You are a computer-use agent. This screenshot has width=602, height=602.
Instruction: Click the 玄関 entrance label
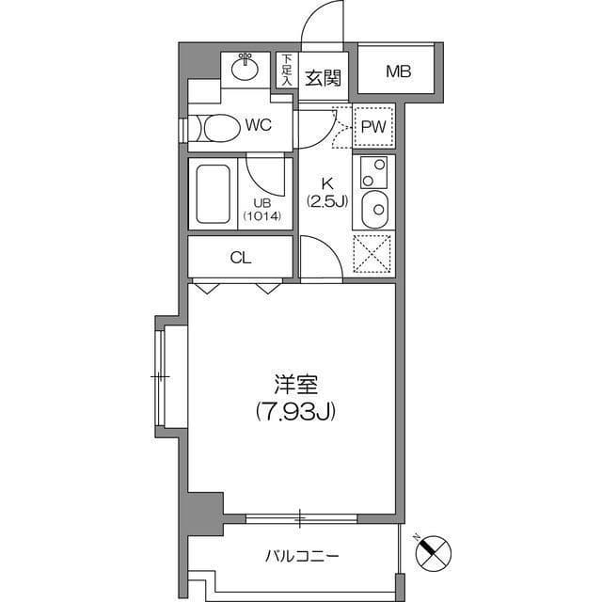pyautogui.click(x=323, y=78)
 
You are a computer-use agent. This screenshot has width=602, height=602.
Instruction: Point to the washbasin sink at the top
pyautogui.click(x=246, y=67)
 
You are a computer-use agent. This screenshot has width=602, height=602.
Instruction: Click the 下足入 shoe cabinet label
pyautogui.click(x=286, y=71)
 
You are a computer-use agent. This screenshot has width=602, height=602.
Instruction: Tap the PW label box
pyautogui.click(x=373, y=126)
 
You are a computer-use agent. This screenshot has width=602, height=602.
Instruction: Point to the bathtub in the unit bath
pyautogui.click(x=214, y=194)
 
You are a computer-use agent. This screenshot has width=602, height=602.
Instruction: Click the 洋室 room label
pyautogui.click(x=295, y=386)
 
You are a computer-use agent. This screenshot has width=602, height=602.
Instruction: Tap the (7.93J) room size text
pyautogui.click(x=295, y=410)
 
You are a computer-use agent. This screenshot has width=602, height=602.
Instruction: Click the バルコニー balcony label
pyautogui.click(x=300, y=556)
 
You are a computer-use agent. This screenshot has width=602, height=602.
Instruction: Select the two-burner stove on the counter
pyautogui.click(x=373, y=172)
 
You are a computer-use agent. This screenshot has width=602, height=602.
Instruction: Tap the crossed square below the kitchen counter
pyautogui.click(x=373, y=255)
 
